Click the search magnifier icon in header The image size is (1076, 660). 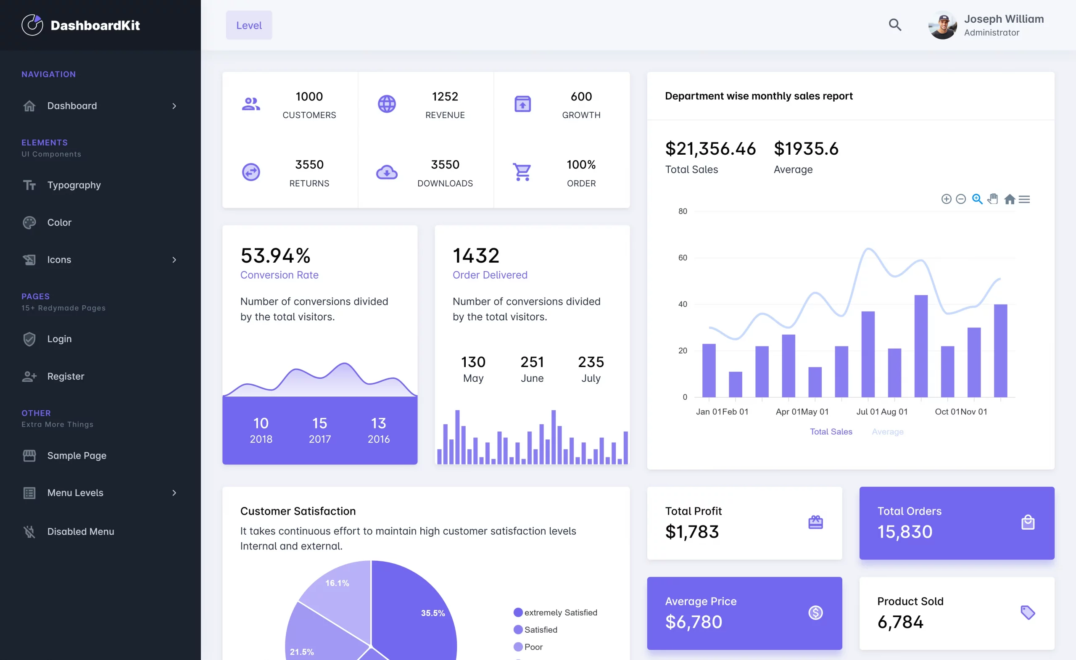(895, 25)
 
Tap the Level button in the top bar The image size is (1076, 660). (248, 25)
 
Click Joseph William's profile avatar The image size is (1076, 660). (942, 25)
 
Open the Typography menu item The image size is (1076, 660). (74, 185)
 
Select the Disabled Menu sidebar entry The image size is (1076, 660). (80, 532)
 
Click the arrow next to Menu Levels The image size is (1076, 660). (174, 493)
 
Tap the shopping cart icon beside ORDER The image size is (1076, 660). (522, 172)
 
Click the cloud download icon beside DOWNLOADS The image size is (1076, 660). (386, 172)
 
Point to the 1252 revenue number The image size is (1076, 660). (445, 97)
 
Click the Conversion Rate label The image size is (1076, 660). (279, 275)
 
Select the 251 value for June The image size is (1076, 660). (532, 362)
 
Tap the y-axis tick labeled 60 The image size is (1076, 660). (682, 258)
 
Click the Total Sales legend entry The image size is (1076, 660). (831, 432)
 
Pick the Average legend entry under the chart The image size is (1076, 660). (887, 432)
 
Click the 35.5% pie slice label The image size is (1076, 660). (433, 613)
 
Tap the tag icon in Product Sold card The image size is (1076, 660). (1028, 612)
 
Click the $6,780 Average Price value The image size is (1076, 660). (694, 622)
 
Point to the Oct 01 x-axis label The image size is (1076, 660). (947, 412)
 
